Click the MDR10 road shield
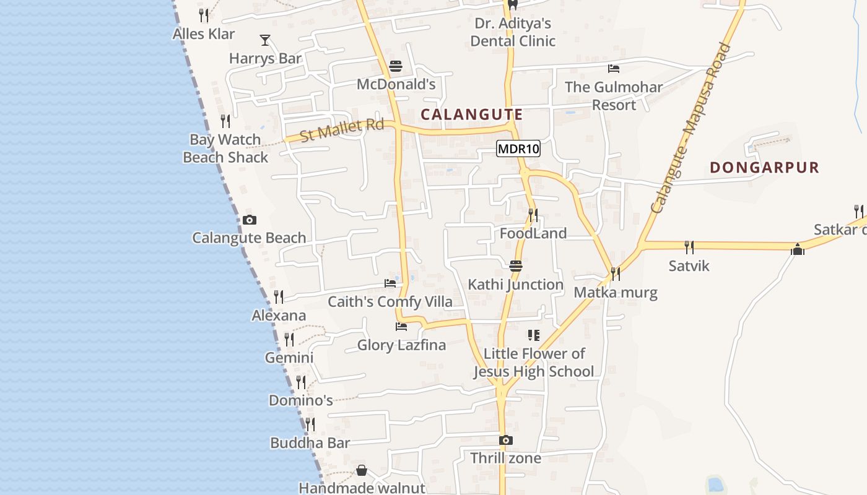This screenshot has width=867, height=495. pos(518,148)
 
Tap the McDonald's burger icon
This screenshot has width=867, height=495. pos(396,66)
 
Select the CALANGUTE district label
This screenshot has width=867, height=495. pos(471,114)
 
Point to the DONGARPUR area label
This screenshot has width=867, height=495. pos(764,167)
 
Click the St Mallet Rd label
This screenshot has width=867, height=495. pos(342,129)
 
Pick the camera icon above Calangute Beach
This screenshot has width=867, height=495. pos(250,220)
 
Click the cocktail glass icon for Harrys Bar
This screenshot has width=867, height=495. pos(265,40)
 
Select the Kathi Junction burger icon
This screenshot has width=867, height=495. pos(516,266)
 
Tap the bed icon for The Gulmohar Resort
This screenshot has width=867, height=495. pos(614,68)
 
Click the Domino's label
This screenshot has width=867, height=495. pos(301,400)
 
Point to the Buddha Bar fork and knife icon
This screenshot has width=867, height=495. pos(310,424)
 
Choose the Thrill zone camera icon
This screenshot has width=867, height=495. pos(506,440)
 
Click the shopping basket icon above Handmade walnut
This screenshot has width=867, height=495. pos(362,471)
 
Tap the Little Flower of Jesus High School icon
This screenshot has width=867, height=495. pos(533,335)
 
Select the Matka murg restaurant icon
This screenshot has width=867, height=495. pos(615,273)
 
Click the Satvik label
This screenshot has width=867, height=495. pos(689,266)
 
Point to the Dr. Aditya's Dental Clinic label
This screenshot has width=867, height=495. pos(513,32)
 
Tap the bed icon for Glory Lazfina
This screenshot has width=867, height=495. pos(401,326)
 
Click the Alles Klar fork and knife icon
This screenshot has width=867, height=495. pos(204,15)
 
